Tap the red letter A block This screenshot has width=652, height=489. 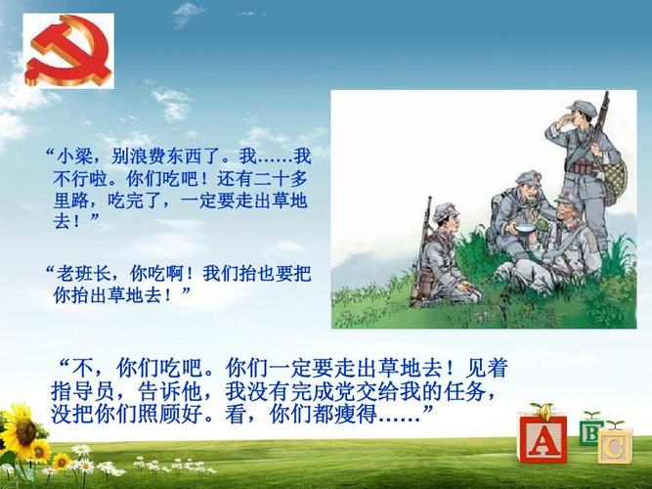click(541, 440)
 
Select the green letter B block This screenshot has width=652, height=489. click(590, 431)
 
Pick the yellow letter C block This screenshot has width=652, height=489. click(614, 447)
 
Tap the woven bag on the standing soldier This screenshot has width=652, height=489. click(614, 181)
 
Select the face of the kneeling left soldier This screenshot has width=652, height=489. click(447, 223)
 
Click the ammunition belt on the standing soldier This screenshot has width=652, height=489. click(585, 166)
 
